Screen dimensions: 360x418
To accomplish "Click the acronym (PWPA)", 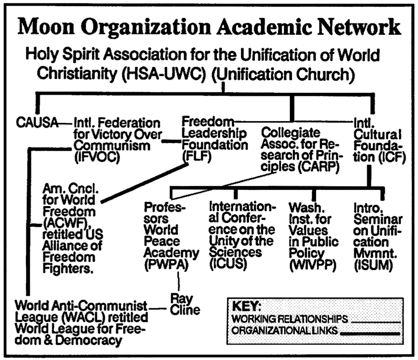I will pos(166,264).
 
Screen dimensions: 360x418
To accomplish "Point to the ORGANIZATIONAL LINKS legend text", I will pos(285,331).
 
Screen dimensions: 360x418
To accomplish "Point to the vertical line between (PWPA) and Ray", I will pos(178,281).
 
